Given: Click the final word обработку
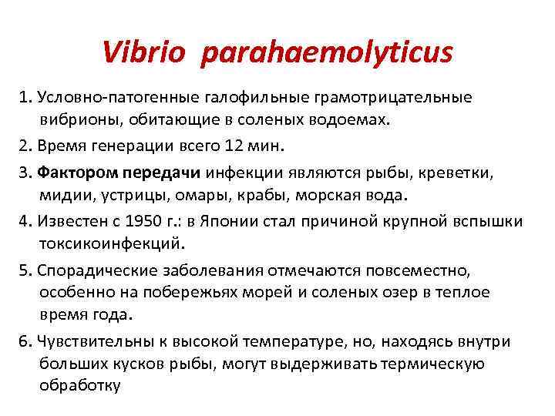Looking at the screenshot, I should coord(79,386).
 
